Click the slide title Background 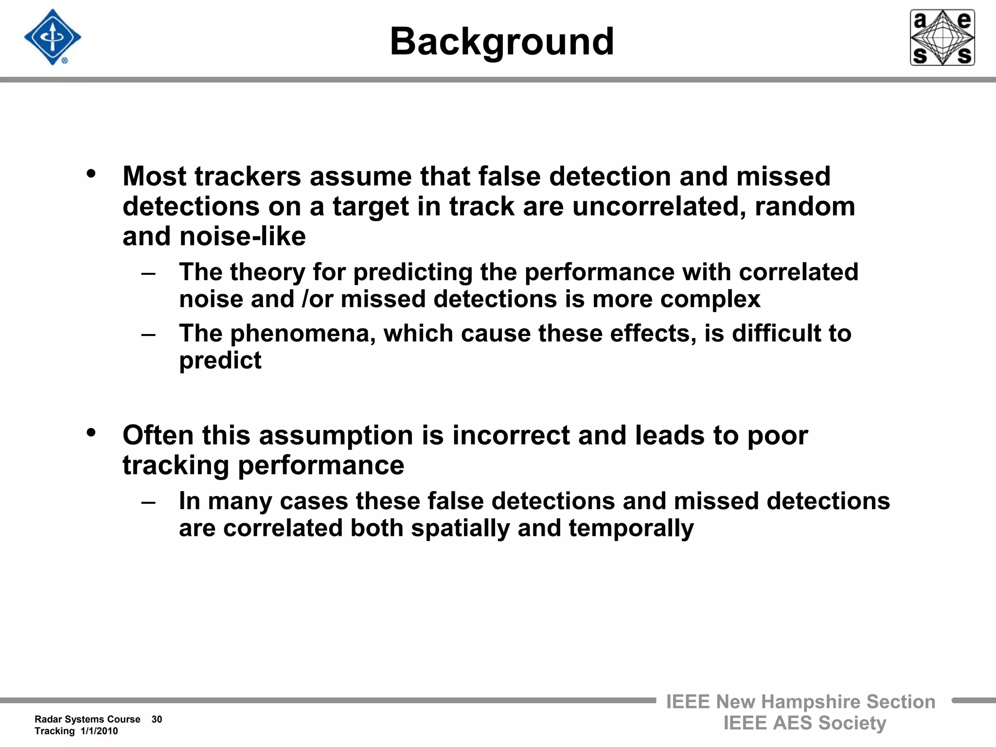tap(501, 42)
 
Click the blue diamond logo tap(53, 37)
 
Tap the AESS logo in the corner tap(942, 37)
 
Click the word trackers tap(248, 176)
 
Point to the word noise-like tap(243, 237)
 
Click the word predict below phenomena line tap(220, 361)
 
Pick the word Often tap(158, 435)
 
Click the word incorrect tap(511, 435)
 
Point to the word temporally tap(631, 529)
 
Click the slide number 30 tap(157, 719)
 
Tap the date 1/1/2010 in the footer tap(99, 731)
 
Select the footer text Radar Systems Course tap(88, 719)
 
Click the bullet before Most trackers tap(91, 174)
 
